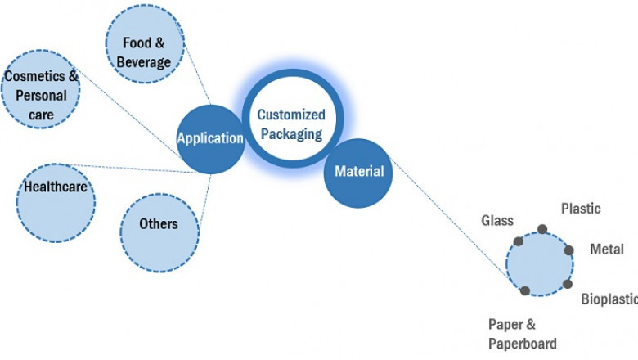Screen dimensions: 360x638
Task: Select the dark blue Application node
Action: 211,138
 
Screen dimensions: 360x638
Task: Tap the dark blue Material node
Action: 358,172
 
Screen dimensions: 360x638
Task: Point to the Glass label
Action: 497,221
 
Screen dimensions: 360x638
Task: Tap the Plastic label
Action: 580,209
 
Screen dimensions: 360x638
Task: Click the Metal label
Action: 607,249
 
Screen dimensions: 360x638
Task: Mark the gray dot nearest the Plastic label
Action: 541,229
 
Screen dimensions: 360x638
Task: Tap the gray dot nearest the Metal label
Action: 569,250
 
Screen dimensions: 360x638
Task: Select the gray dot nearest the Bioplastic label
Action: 567,284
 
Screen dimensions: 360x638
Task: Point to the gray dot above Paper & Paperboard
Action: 524,290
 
